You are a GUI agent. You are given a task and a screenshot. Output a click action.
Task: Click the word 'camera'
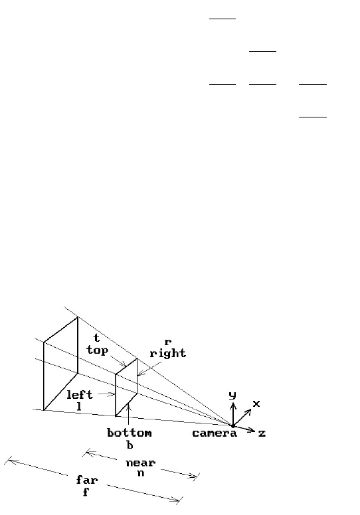[215, 433]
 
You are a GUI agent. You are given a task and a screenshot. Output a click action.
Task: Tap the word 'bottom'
[130, 433]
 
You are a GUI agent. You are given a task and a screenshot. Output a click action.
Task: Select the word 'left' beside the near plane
[80, 394]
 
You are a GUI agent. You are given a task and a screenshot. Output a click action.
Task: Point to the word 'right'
[167, 354]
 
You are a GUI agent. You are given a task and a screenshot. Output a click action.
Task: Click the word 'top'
[98, 350]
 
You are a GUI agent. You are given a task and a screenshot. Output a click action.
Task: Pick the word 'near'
[140, 463]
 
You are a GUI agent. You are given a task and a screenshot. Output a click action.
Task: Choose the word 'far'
[87, 480]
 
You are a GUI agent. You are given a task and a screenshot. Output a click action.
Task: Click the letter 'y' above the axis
[232, 395]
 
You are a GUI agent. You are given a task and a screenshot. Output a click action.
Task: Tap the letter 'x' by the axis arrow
[256, 404]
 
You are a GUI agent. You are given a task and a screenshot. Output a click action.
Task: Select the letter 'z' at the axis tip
[262, 433]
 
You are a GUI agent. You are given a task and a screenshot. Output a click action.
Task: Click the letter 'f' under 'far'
[86, 492]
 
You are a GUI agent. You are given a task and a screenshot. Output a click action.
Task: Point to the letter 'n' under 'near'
[141, 473]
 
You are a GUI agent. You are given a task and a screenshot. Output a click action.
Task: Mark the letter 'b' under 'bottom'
[130, 445]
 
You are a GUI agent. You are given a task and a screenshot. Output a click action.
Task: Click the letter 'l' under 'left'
[79, 407]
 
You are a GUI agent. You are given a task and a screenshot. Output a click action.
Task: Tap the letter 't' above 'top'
[96, 338]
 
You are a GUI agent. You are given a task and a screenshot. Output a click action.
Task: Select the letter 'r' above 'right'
[167, 342]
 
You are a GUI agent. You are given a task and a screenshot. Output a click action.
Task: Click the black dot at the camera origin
[232, 426]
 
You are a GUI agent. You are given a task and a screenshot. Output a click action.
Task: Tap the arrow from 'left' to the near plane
[106, 394]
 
